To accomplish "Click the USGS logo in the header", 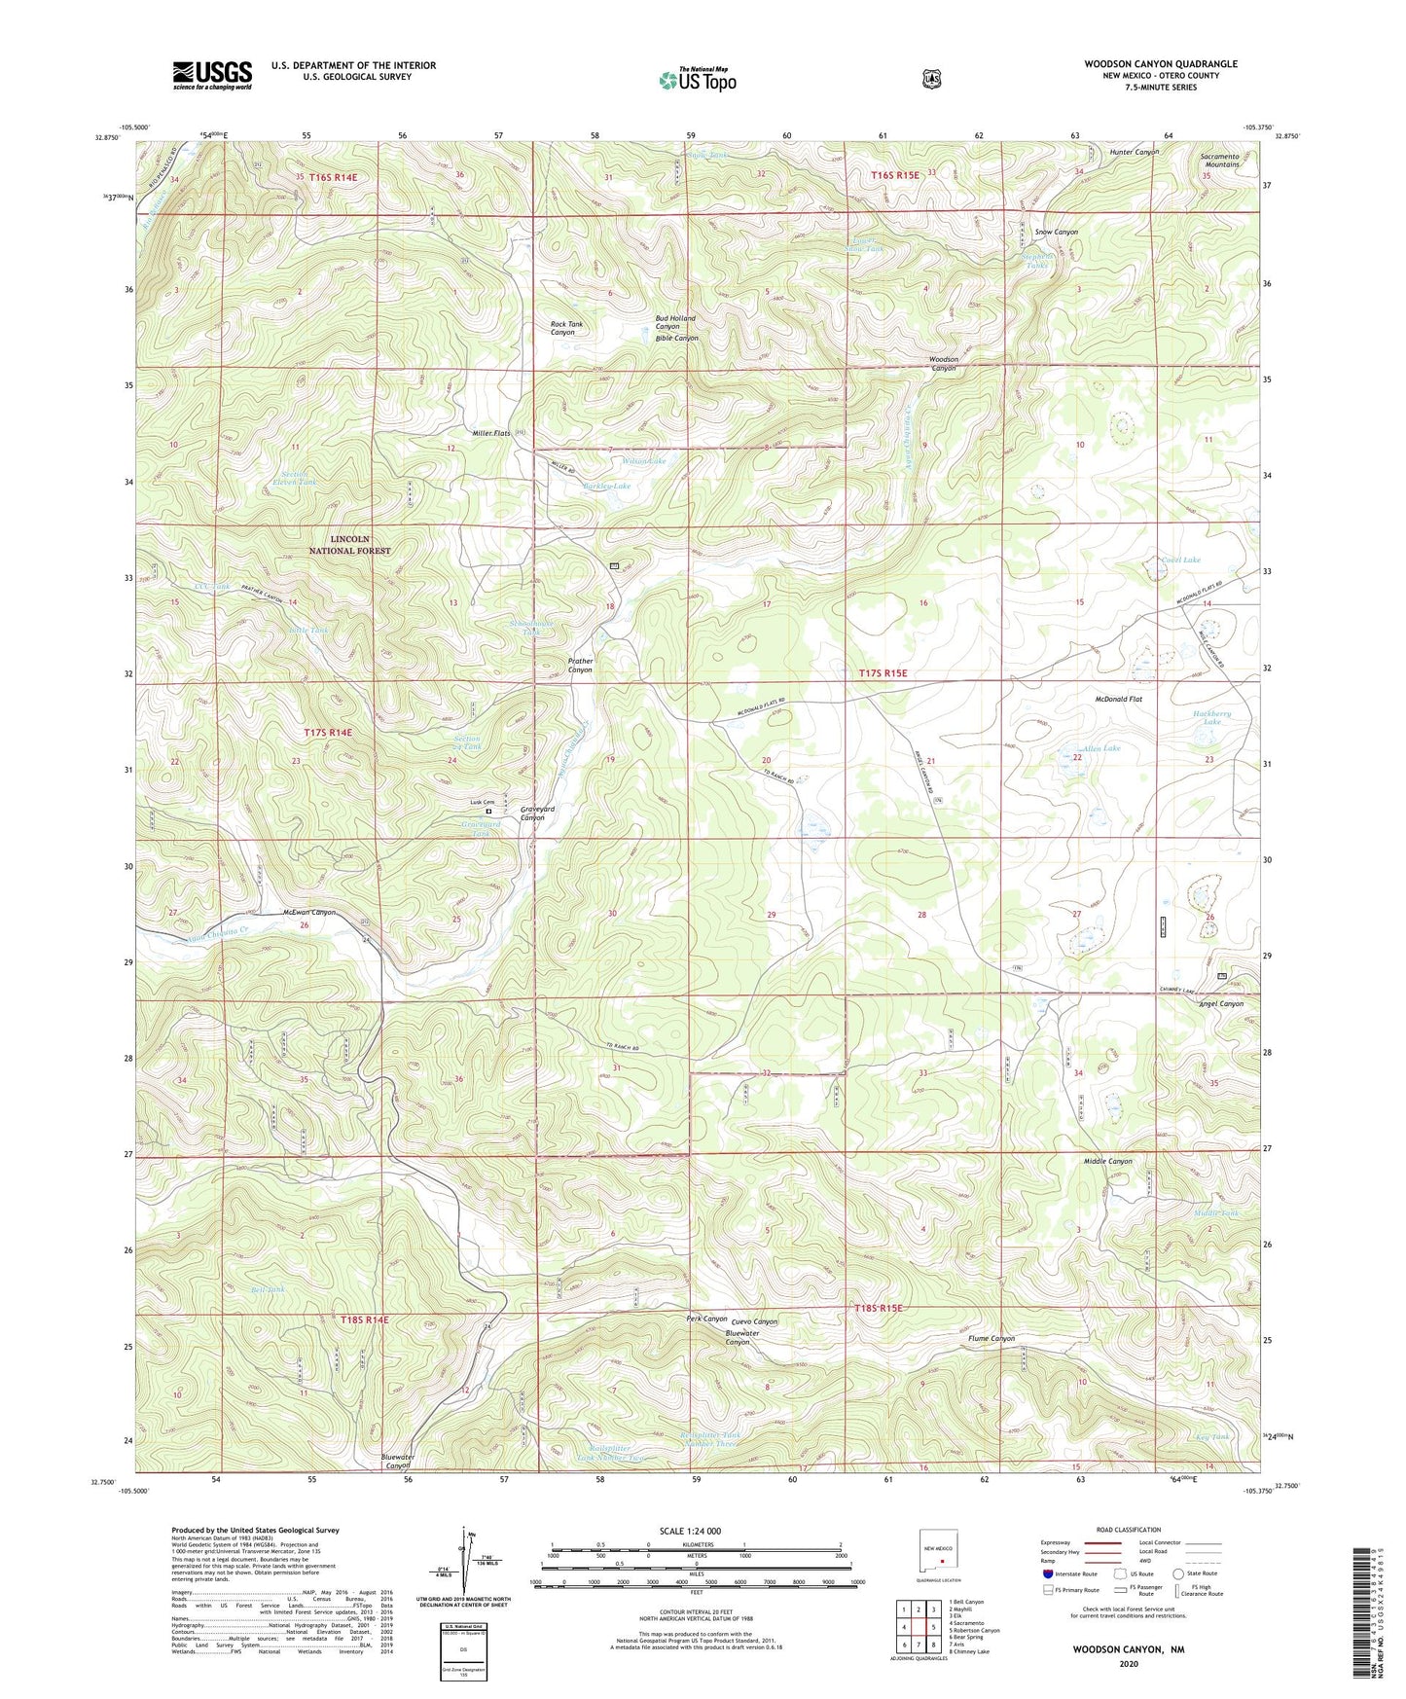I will coord(212,75).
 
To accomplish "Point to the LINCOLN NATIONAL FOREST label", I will coord(349,545).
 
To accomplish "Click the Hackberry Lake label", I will coord(1211,717).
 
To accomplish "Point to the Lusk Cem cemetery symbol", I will coord(488,811).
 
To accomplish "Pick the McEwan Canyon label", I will coord(308,912).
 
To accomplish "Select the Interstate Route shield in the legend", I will coord(1047,1573).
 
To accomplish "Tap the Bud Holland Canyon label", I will coord(674,322).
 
